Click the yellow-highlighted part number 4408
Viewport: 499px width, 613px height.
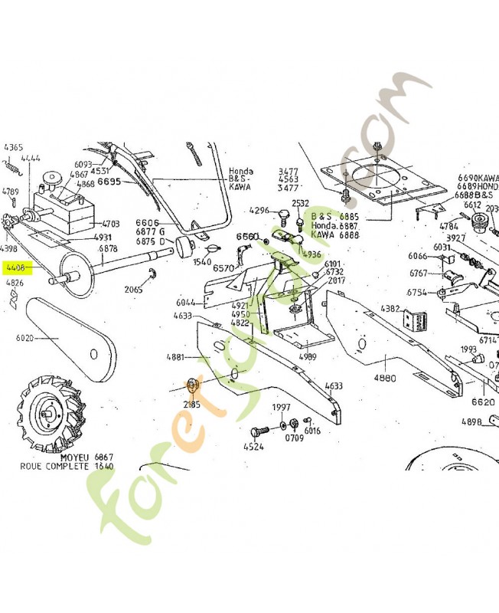15,268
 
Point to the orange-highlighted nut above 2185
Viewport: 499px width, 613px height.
191,385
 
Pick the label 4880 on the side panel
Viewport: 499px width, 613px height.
384,378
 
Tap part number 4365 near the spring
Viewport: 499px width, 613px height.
13,146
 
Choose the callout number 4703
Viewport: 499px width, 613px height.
110,224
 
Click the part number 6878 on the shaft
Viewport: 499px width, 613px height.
108,248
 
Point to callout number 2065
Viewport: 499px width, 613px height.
133,290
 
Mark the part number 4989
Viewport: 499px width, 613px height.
307,356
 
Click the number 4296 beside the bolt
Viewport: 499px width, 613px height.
260,210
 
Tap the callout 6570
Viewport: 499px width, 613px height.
223,268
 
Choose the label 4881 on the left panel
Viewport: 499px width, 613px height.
176,357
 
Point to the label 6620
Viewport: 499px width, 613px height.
482,402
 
